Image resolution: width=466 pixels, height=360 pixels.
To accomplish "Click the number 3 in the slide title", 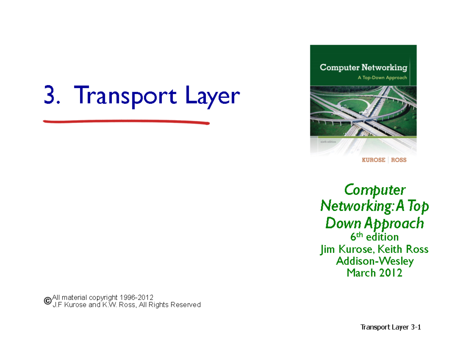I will click(50, 96).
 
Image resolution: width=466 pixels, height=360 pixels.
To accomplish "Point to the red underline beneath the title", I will click(127, 123).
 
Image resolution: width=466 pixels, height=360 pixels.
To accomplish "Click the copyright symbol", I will click(47, 301).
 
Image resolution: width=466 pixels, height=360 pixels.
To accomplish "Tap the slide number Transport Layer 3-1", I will click(391, 327).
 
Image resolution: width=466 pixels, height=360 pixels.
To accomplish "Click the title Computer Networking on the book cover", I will click(363, 68).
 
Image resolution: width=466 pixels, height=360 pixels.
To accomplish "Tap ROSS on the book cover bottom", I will click(399, 160).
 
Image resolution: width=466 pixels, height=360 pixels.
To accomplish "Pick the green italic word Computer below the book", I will click(375, 190).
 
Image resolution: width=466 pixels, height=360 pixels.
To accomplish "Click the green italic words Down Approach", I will click(374, 223).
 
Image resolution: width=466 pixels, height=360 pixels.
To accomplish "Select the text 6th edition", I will click(374, 237).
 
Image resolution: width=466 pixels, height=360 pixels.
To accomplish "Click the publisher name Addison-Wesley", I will click(374, 261).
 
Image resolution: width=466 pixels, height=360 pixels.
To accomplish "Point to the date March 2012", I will click(374, 273).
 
